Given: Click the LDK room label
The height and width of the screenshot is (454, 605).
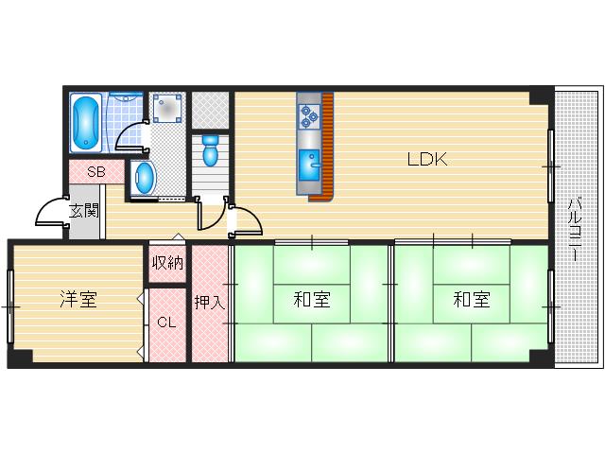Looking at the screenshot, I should point(426,160).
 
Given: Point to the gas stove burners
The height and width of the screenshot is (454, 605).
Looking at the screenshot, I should point(309,115).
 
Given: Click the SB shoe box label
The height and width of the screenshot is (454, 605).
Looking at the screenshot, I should point(95,172).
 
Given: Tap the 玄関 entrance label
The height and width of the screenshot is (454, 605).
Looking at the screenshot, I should point(84,209).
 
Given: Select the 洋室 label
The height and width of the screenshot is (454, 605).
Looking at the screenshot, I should point(78,301).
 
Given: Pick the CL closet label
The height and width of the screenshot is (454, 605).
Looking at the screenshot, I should point(166,323).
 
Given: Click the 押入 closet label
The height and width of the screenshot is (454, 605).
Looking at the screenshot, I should point(210,303).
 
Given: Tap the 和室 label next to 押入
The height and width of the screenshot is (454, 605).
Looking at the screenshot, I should point(311,301).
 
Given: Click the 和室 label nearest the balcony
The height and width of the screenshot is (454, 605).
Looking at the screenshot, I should point(471,301).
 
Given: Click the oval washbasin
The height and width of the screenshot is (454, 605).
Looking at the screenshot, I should point(144,176).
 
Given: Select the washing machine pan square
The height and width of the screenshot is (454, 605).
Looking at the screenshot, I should point(167,109).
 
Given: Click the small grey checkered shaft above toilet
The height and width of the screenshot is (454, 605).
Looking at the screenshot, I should point(210,108).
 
